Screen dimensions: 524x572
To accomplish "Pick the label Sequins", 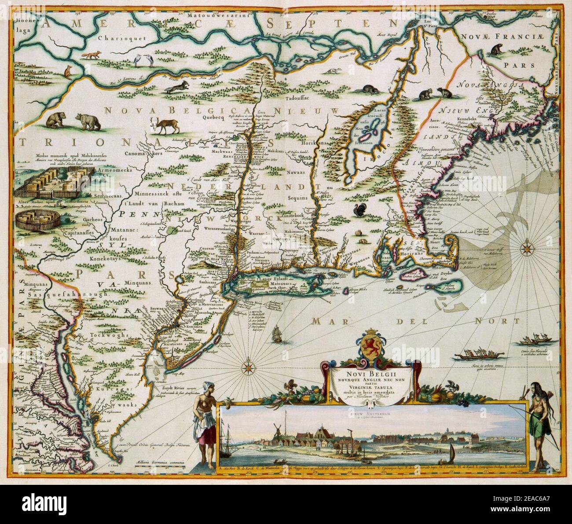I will click(x=297, y=198).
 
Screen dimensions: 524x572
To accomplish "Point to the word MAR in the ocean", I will click(x=327, y=322).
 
